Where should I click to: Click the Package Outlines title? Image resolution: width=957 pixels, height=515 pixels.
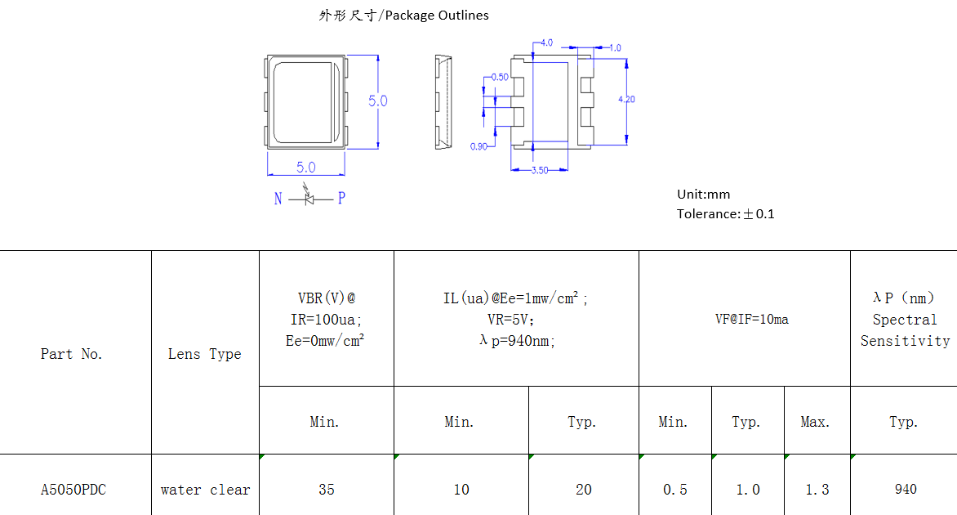point(403,16)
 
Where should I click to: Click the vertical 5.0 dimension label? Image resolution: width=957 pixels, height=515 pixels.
point(377,101)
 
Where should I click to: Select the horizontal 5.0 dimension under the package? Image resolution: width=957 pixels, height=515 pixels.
point(306,168)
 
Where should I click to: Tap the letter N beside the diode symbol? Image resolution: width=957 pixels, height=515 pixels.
point(278,199)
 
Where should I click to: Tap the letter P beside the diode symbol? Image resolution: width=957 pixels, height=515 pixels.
point(341,199)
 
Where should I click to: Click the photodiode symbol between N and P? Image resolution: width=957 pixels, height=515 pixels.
point(309,198)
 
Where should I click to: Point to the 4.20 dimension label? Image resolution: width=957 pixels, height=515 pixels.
point(626,99)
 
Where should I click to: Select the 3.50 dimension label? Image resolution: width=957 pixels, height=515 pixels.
point(540,171)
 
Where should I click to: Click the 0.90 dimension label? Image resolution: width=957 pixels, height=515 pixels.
point(478,146)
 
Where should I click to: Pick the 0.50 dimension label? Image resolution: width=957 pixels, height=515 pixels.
point(499,78)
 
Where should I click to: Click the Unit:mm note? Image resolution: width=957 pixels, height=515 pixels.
point(703,195)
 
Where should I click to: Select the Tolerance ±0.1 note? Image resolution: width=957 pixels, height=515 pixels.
point(725,214)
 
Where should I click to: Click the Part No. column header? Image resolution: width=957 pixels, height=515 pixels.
point(72,354)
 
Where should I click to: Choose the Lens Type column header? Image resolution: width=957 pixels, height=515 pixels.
point(204,354)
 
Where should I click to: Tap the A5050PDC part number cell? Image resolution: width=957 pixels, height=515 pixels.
point(73,490)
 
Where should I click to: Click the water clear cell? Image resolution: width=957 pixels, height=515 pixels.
point(205,490)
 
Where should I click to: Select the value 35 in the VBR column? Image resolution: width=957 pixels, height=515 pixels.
point(326,490)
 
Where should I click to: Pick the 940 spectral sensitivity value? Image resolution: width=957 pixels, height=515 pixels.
point(905,490)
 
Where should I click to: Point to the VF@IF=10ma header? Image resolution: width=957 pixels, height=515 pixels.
point(751,320)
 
